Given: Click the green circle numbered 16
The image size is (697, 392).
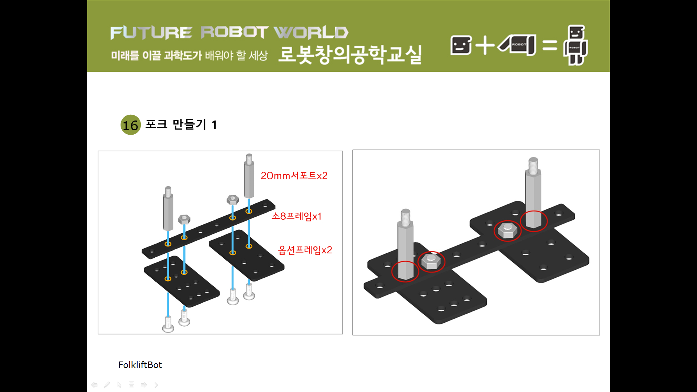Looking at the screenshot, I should (130, 125).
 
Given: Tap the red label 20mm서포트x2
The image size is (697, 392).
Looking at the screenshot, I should (294, 176).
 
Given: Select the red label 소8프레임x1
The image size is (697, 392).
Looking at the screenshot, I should (297, 216).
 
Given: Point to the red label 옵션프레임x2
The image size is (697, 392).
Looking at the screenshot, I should (305, 250).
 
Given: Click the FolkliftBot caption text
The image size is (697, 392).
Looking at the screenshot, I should (140, 365).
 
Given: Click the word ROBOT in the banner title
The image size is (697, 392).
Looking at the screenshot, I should (234, 32).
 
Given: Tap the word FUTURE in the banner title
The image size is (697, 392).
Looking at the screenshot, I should (151, 33).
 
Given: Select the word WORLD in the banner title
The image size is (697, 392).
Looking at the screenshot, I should (311, 33).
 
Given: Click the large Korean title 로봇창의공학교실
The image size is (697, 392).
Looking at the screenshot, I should (350, 54).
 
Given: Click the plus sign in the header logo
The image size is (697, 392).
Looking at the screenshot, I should (485, 45).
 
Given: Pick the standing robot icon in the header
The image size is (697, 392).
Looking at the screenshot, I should (575, 45).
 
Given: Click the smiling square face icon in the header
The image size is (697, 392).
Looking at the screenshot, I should (461, 45).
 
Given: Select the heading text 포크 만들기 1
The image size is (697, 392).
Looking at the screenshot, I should (181, 124).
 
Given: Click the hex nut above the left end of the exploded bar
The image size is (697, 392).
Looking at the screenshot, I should (184, 219).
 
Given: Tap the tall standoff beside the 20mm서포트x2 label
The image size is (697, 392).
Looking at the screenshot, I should (249, 177).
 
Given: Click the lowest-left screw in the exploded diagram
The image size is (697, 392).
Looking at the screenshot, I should (168, 324).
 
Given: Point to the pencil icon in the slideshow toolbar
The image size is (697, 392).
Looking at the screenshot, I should (107, 385).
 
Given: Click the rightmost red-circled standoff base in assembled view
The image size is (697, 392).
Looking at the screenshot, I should (534, 221).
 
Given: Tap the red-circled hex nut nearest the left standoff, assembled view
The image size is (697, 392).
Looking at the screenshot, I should (431, 261).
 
